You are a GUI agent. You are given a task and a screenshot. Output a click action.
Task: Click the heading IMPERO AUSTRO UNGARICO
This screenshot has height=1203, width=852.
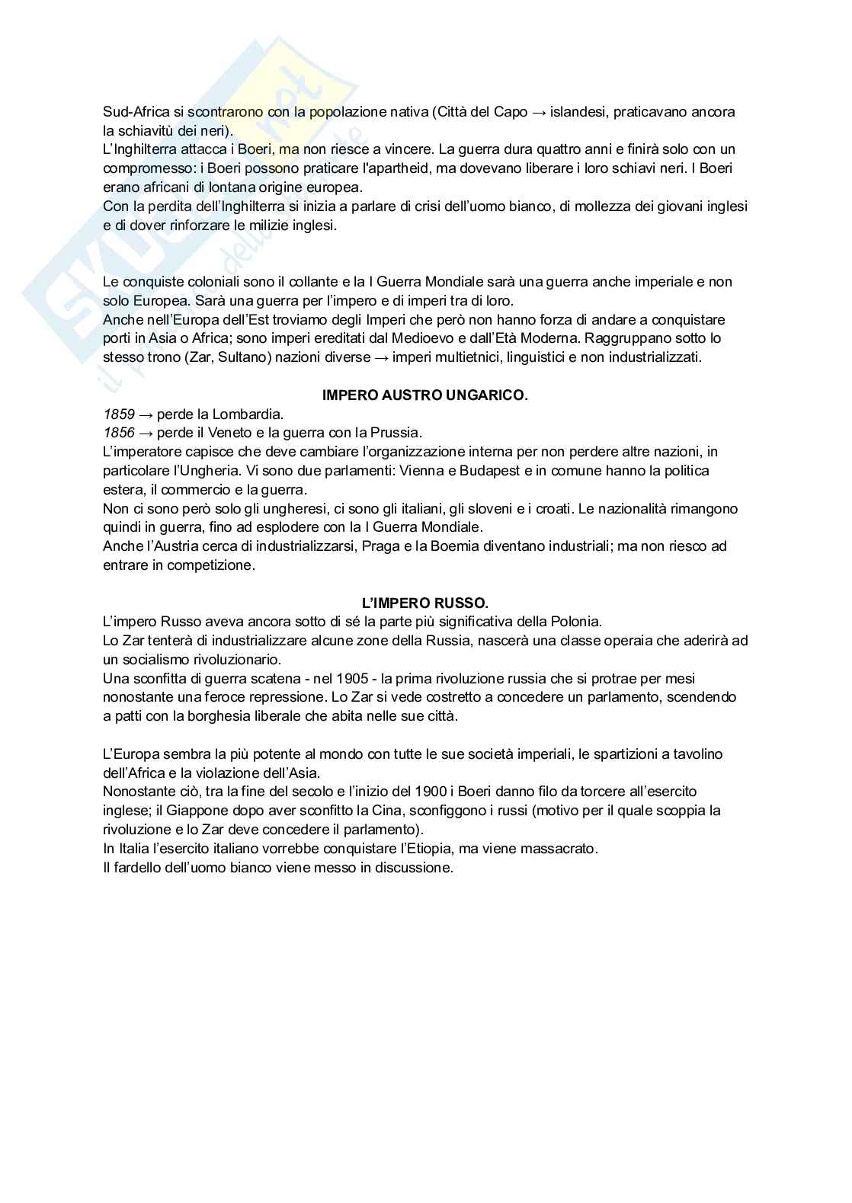click(x=425, y=395)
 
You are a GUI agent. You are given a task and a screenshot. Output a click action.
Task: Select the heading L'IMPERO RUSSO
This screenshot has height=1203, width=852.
click(x=425, y=603)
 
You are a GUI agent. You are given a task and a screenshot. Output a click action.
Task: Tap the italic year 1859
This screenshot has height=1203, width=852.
click(x=119, y=414)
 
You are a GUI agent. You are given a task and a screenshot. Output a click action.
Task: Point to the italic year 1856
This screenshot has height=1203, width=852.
click(x=119, y=434)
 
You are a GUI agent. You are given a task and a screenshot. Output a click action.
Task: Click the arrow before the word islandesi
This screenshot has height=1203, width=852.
click(x=539, y=112)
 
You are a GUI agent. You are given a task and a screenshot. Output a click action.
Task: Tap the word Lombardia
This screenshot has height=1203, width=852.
click(x=251, y=414)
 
